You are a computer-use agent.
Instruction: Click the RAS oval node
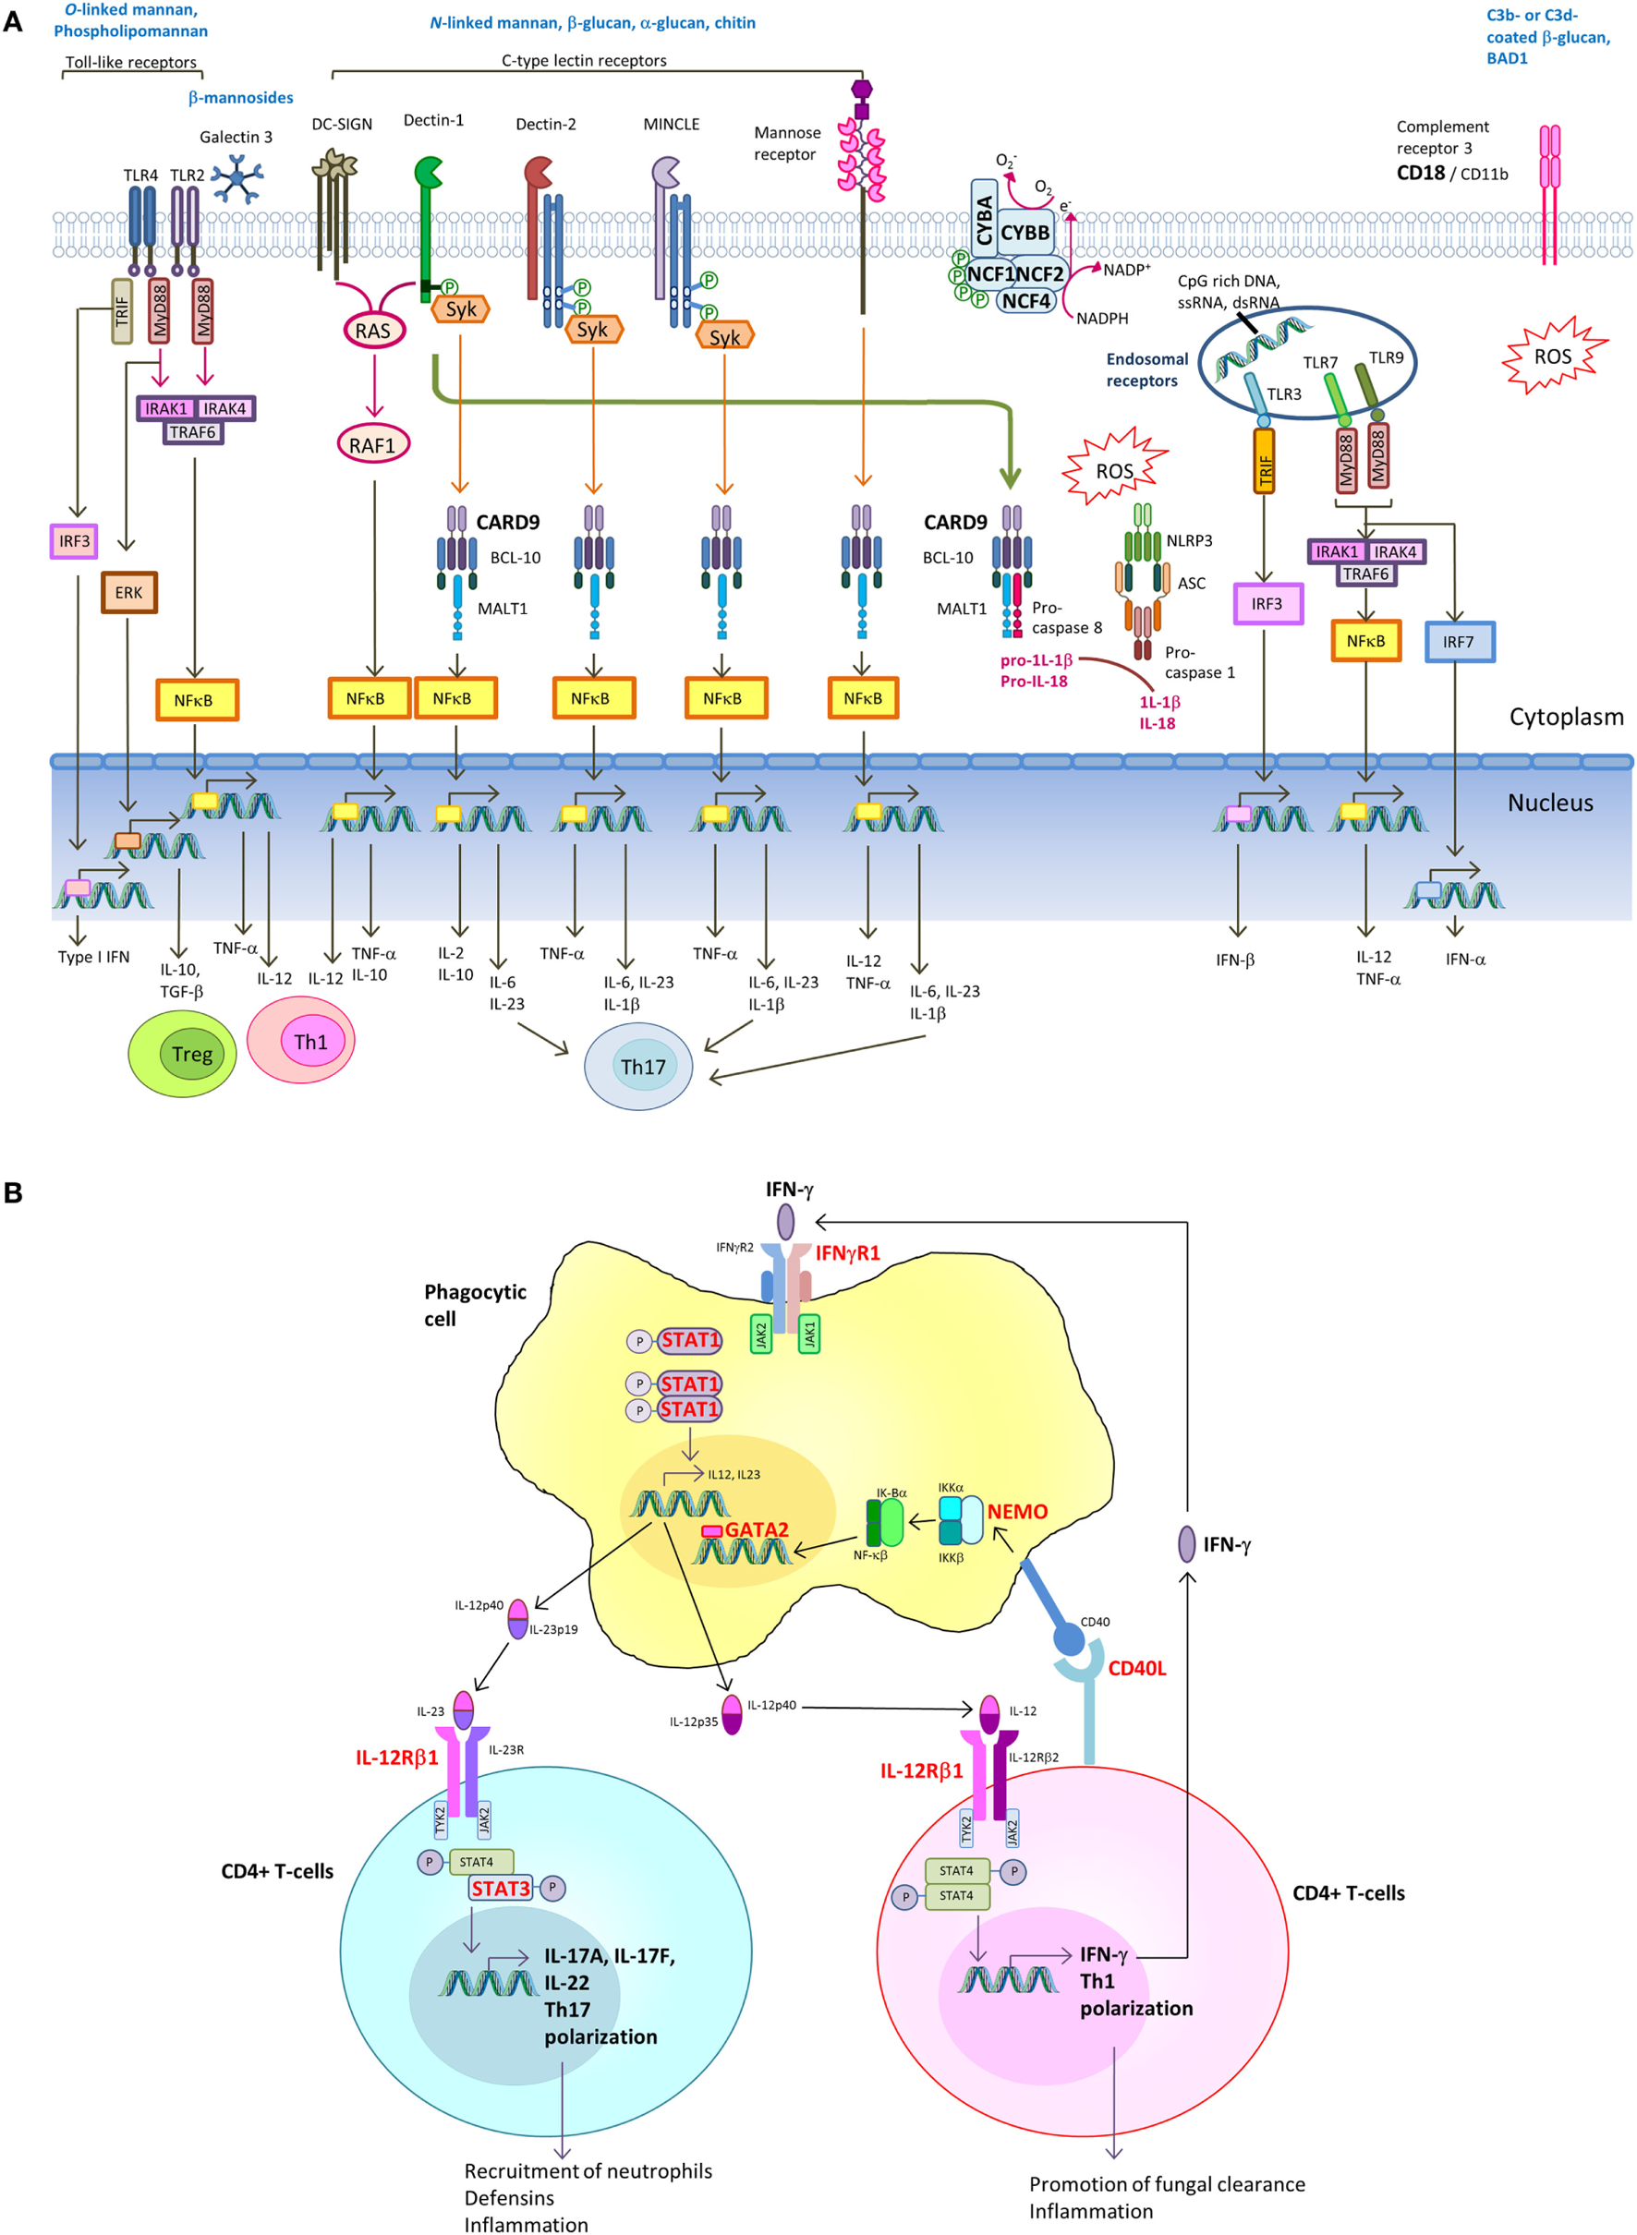pyautogui.click(x=373, y=330)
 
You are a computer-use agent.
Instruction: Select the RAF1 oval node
pyautogui.click(x=372, y=445)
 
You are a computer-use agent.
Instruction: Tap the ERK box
pyautogui.click(x=128, y=592)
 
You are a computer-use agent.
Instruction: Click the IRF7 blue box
pyautogui.click(x=1459, y=642)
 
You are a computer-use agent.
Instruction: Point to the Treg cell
pyautogui.click(x=182, y=1053)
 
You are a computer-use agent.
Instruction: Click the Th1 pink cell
pyautogui.click(x=301, y=1040)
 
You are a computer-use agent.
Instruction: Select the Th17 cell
pyautogui.click(x=639, y=1066)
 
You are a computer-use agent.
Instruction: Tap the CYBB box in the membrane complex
pyautogui.click(x=1025, y=233)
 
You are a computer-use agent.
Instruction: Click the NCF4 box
pyautogui.click(x=1025, y=300)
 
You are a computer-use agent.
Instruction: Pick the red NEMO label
pyautogui.click(x=1017, y=1512)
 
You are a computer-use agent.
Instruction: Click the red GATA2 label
pyautogui.click(x=756, y=1529)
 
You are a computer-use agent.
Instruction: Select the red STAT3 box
pyautogui.click(x=501, y=1889)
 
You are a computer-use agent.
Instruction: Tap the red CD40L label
pyautogui.click(x=1136, y=1668)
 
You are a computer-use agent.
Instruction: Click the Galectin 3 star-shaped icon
pyautogui.click(x=237, y=178)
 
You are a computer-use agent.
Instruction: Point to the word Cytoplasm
pyautogui.click(x=1566, y=717)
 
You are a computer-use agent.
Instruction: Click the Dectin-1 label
pyautogui.click(x=433, y=121)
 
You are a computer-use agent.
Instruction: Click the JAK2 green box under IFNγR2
pyautogui.click(x=761, y=1335)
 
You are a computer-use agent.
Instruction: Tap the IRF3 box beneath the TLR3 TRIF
pyautogui.click(x=1267, y=603)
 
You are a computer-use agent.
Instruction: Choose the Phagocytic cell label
pyautogui.click(x=474, y=1305)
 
